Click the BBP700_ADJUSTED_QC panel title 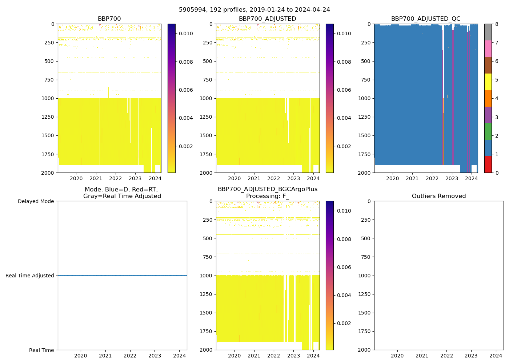point(425,19)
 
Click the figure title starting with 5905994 point(254,10)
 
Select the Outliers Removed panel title point(438,196)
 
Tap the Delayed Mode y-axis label point(36,201)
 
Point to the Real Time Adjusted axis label point(30,276)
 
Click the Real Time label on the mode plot point(41,350)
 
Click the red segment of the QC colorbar point(488,164)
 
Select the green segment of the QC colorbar point(488,131)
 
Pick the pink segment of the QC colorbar point(488,48)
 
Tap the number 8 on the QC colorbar point(497,24)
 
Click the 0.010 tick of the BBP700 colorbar point(186,33)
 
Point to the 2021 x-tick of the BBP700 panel point(96,178)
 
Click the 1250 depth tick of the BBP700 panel point(48,117)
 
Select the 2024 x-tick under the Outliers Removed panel point(496,356)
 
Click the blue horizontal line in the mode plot point(122,276)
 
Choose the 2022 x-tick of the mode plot point(130,356)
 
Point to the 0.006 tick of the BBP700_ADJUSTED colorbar point(344,90)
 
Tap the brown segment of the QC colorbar point(488,65)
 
